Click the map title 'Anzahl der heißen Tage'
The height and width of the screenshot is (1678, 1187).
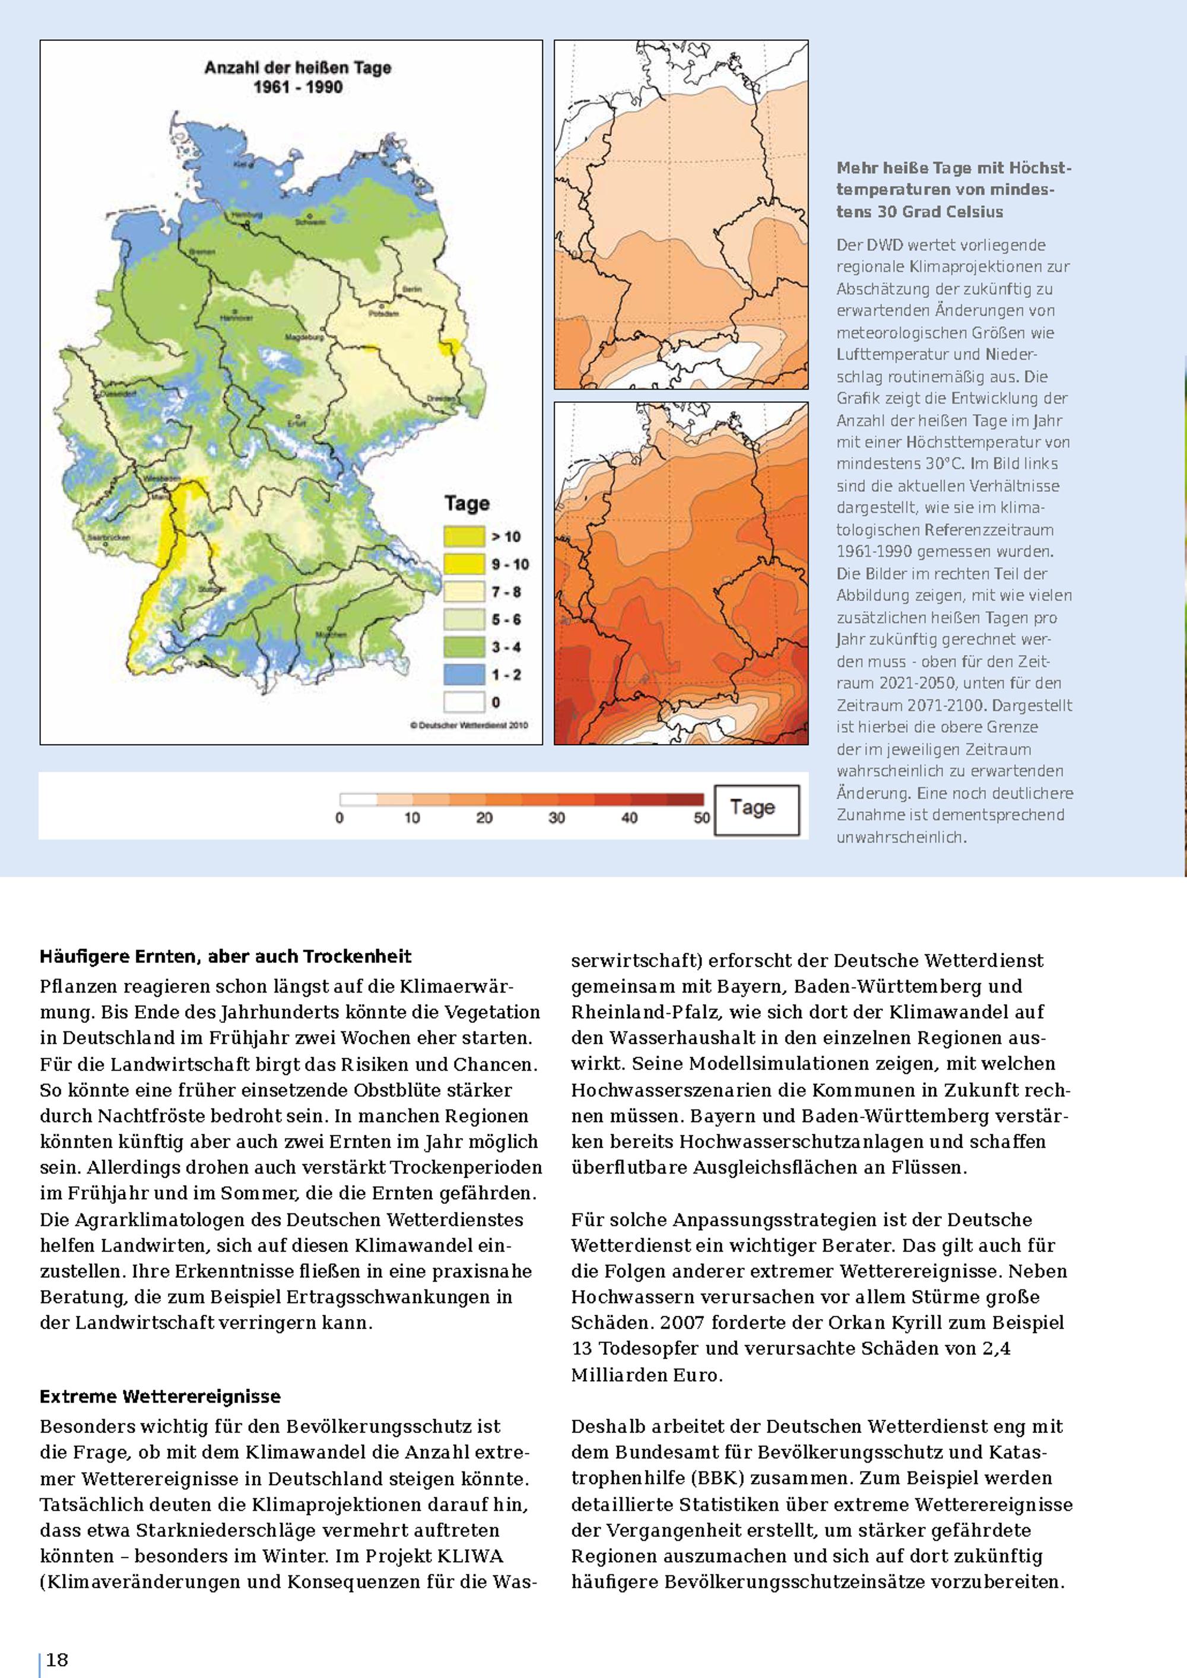pyautogui.click(x=297, y=68)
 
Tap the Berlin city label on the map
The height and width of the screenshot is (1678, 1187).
pyautogui.click(x=411, y=290)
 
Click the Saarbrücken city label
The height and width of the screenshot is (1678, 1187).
pyautogui.click(x=108, y=537)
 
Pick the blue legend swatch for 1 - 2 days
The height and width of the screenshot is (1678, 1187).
pyautogui.click(x=464, y=675)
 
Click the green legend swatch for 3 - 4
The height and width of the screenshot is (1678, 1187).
pyautogui.click(x=464, y=647)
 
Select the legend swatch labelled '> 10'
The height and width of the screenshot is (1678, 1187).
pyautogui.click(x=464, y=536)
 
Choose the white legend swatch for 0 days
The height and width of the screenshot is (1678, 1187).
pyautogui.click(x=464, y=703)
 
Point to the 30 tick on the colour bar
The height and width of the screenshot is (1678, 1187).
pyautogui.click(x=557, y=818)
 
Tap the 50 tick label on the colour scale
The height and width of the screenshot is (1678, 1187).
pyautogui.click(x=702, y=818)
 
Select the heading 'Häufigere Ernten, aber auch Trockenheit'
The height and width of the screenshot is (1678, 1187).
pyautogui.click(x=225, y=956)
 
